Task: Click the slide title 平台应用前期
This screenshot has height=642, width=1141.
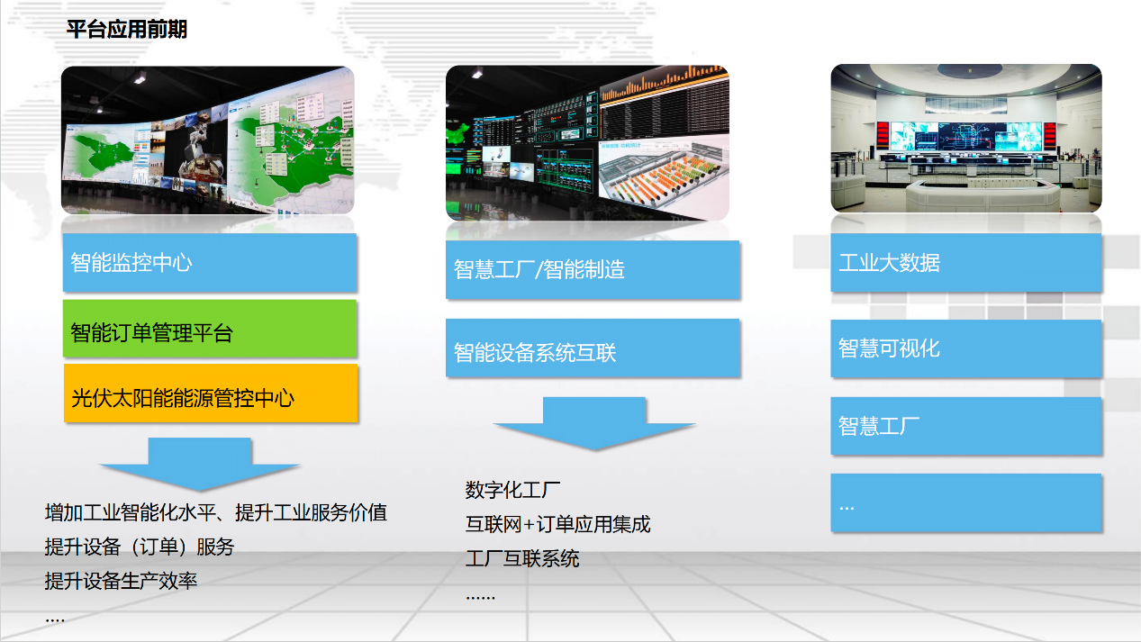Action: point(127,29)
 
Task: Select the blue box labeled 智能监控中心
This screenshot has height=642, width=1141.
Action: point(210,262)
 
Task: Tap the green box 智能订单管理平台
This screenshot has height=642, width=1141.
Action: point(210,329)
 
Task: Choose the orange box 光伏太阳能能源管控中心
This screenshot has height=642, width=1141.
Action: point(211,393)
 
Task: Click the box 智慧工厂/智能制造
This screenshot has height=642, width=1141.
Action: point(593,269)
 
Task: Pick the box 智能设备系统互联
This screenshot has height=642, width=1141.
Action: point(593,348)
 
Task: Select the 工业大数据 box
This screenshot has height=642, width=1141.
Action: point(966,262)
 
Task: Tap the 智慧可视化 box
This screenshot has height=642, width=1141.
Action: point(966,348)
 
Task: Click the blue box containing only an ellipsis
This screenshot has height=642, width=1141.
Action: point(966,503)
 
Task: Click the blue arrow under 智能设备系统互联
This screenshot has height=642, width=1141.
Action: point(594,423)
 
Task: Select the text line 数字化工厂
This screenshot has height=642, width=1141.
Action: point(512,490)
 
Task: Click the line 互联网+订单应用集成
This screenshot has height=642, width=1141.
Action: point(557,524)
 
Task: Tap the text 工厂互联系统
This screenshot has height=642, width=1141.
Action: point(522,558)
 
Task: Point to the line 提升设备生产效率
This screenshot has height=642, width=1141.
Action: point(121,581)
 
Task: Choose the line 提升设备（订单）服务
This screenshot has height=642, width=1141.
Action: point(140,547)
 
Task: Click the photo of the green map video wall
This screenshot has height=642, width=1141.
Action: point(208,140)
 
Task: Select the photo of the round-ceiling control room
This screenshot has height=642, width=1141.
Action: point(966,138)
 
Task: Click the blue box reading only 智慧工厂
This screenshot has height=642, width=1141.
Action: point(966,426)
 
